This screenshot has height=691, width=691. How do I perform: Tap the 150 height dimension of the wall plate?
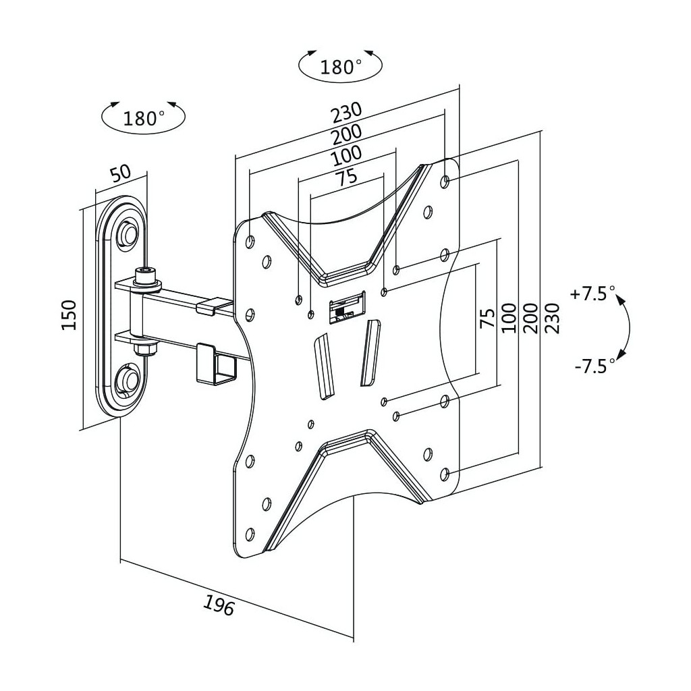70,315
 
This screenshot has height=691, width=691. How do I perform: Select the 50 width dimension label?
121,173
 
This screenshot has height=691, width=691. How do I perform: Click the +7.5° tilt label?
592,293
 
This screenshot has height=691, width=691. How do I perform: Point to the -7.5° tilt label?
595,366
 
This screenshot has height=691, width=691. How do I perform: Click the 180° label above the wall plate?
144,119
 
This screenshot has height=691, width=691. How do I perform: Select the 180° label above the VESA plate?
341,67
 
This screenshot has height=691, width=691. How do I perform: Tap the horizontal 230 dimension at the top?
347,113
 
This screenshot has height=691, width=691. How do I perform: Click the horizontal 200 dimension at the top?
347,134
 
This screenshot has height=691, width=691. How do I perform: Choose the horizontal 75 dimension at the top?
346,177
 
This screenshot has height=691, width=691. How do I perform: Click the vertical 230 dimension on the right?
552,318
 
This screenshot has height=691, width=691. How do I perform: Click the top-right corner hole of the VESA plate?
445,181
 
